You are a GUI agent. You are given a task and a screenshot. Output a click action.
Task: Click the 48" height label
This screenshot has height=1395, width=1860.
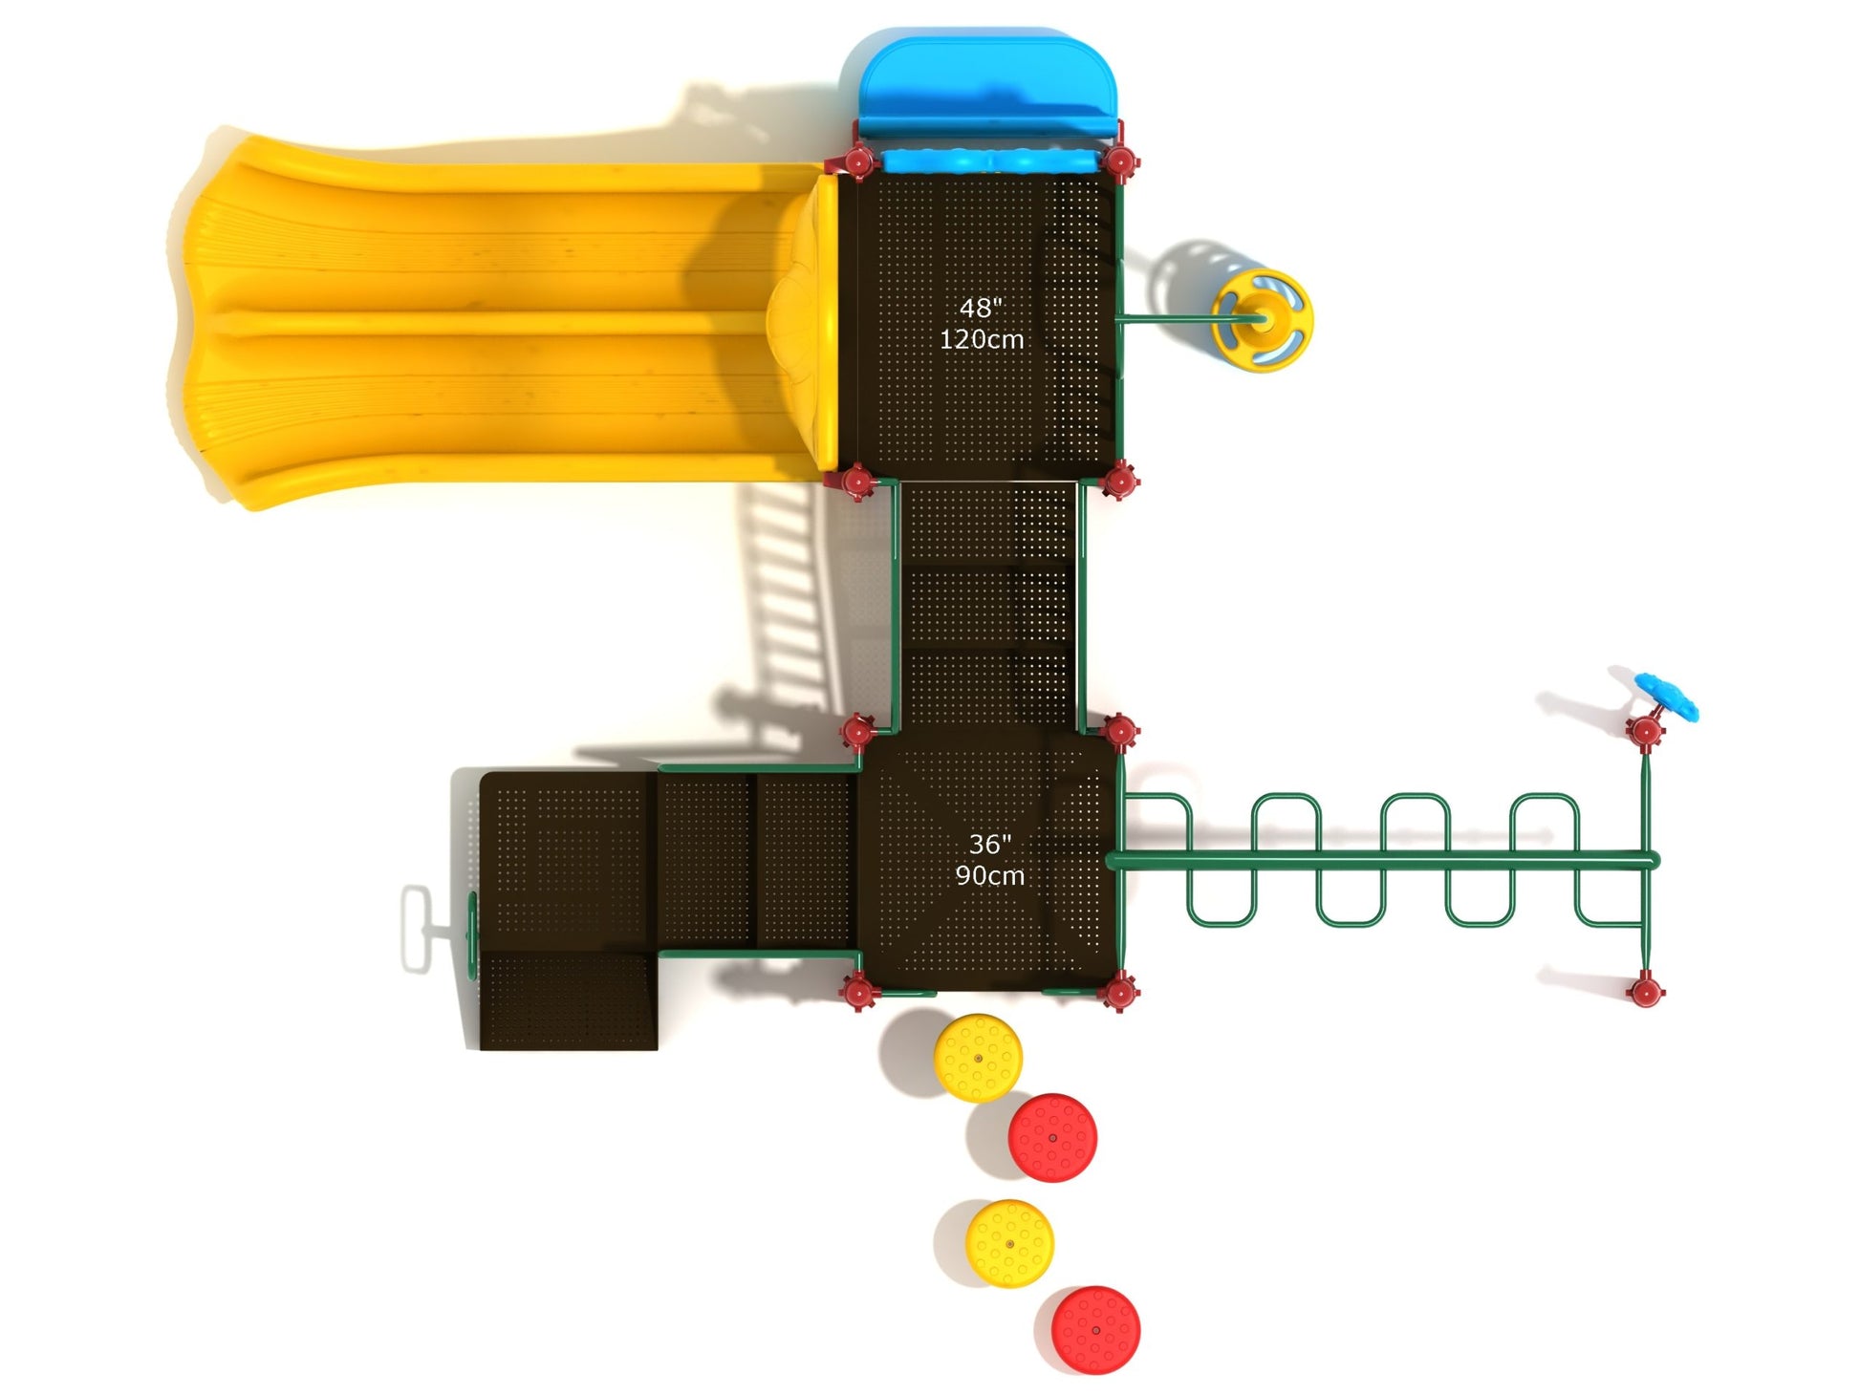[981, 309]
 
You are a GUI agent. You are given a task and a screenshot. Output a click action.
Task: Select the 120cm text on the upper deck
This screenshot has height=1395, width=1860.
[982, 340]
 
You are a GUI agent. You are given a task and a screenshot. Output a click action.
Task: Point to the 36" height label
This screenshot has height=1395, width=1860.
[989, 845]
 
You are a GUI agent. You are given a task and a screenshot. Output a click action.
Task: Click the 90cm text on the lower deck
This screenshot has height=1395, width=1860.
[990, 876]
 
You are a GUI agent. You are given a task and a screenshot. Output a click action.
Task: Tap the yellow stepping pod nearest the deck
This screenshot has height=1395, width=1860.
[978, 1059]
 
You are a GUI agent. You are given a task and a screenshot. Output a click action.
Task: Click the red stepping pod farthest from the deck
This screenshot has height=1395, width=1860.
[1095, 1330]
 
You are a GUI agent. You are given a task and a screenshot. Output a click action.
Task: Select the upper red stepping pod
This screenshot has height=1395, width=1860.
[1052, 1138]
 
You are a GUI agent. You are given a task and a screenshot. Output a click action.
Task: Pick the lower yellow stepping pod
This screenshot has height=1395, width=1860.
[1009, 1244]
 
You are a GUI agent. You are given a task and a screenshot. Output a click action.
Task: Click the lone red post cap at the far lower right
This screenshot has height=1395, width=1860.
[1645, 991]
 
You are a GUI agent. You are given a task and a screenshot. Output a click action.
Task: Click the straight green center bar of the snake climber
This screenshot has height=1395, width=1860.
[1381, 861]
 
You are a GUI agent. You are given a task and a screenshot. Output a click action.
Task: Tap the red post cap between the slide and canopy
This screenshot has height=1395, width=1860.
[858, 161]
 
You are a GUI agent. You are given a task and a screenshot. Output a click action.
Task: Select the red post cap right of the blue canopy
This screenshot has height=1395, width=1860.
[1119, 161]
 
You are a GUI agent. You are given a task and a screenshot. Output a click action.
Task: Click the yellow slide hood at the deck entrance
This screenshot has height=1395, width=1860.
[812, 320]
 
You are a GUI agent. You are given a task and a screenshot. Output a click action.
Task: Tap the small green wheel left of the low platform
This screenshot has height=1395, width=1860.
[471, 928]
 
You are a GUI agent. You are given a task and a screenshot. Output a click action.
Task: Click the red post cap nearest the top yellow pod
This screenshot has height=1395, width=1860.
[857, 993]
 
